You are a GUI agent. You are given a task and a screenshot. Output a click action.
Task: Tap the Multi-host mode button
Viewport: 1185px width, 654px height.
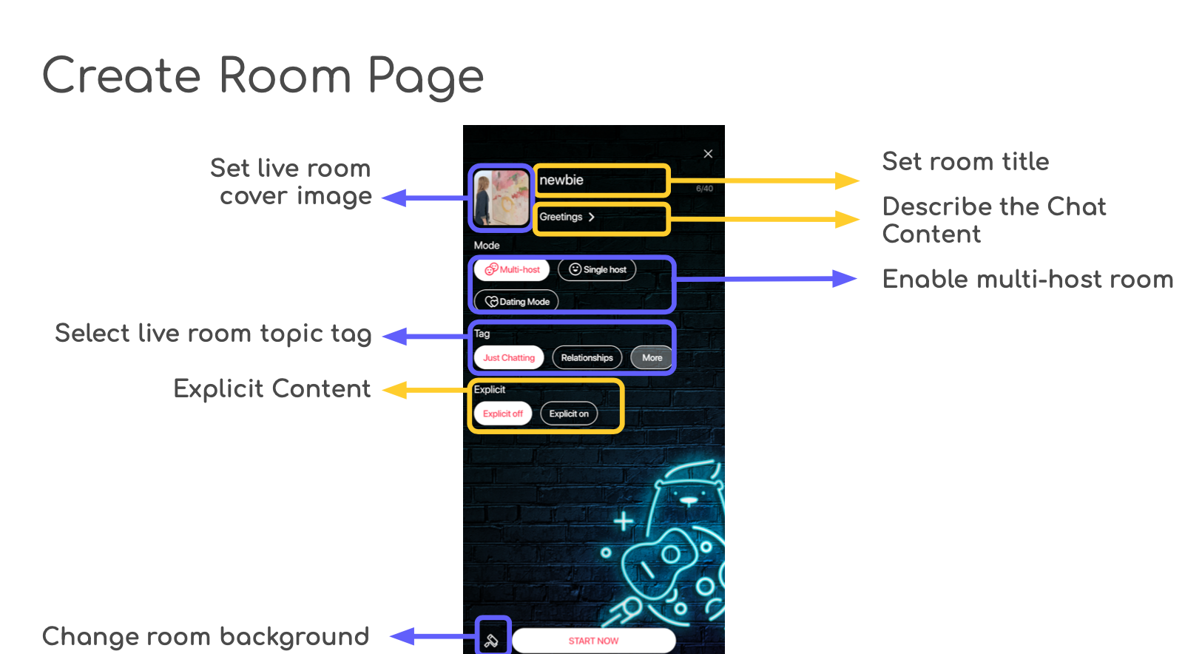pos(512,270)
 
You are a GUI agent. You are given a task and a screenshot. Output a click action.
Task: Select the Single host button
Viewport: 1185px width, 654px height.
pos(597,270)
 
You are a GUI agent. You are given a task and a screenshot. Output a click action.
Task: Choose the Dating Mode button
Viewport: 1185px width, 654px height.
pos(516,302)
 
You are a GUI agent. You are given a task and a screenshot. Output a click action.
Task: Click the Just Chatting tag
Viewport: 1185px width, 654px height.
pos(509,358)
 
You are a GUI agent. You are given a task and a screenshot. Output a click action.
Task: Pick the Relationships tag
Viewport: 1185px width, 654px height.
pos(587,358)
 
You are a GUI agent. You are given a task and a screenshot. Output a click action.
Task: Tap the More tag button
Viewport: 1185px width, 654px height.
pos(652,358)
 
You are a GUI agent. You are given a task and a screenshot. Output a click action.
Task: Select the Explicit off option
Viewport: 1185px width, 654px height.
pos(503,414)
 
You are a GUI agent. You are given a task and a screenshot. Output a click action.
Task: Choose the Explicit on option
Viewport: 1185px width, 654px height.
pos(569,414)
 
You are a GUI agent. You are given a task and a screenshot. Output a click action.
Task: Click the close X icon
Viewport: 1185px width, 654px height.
pos(708,154)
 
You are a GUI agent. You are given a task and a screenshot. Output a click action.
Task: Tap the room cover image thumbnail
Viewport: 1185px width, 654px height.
pos(501,198)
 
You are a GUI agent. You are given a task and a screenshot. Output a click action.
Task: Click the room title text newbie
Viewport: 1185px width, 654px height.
pos(561,181)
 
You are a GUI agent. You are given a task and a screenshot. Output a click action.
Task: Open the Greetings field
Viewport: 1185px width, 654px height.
pos(567,218)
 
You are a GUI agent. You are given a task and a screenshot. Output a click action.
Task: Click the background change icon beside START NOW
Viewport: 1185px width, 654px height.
pos(491,640)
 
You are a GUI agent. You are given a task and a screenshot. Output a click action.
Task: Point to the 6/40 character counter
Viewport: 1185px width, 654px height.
pos(704,189)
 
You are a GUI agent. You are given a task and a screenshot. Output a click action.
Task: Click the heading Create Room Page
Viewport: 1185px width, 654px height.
pos(263,77)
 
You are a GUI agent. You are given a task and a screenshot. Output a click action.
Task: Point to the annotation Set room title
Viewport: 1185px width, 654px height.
pos(965,162)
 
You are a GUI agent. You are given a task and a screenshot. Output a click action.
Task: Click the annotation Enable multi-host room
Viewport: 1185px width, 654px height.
pos(1027,280)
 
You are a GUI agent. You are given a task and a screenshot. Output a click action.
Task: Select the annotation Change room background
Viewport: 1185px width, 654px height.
pos(206,637)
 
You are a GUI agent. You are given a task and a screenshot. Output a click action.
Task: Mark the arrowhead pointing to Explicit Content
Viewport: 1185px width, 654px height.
pos(394,390)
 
